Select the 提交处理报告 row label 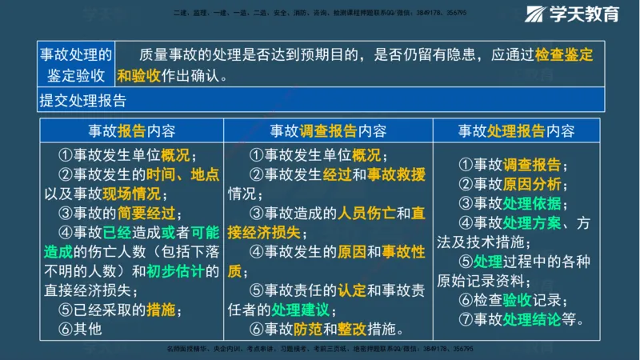click(x=82, y=101)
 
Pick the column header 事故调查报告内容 click(x=328, y=130)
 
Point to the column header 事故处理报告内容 click(x=516, y=130)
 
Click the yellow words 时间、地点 click(x=182, y=174)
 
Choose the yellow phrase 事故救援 click(x=396, y=174)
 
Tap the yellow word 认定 click(x=352, y=290)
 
